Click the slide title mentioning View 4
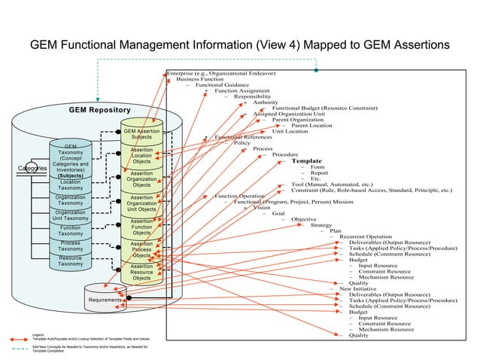tap(239, 45)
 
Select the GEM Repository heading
tap(99, 111)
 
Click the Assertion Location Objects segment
tap(141, 156)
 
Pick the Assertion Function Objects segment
tap(141, 227)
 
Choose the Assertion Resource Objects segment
tap(141, 272)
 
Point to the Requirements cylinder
tap(105, 301)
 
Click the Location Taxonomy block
tap(71, 185)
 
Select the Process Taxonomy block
tap(71, 246)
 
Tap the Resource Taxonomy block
tap(71, 261)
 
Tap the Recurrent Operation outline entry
tap(365, 236)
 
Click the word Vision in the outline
tap(261, 208)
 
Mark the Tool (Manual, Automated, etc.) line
tap(332, 185)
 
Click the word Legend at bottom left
tap(38, 334)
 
